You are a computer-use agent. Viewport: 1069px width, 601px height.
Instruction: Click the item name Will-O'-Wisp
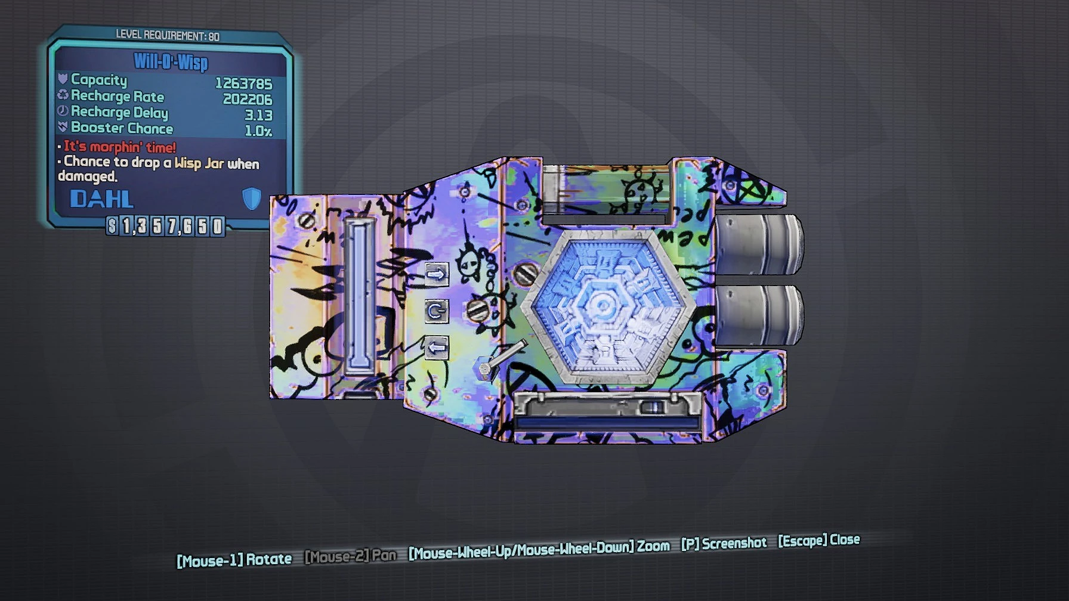click(171, 61)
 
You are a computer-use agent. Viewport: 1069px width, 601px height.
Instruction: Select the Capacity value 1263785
click(243, 83)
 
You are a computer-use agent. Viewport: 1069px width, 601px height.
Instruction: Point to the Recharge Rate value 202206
click(248, 99)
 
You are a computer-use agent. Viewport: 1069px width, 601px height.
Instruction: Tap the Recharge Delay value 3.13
click(258, 115)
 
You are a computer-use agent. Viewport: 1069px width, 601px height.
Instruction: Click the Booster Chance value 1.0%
click(258, 131)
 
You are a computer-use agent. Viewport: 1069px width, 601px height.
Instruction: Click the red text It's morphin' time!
click(120, 147)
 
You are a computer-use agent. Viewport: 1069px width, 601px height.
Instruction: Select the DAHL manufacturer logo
click(102, 199)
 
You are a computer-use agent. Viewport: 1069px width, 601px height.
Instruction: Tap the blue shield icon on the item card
click(252, 198)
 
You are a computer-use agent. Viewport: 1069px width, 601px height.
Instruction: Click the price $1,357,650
click(165, 226)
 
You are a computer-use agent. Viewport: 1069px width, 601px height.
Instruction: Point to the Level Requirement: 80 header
click(168, 35)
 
